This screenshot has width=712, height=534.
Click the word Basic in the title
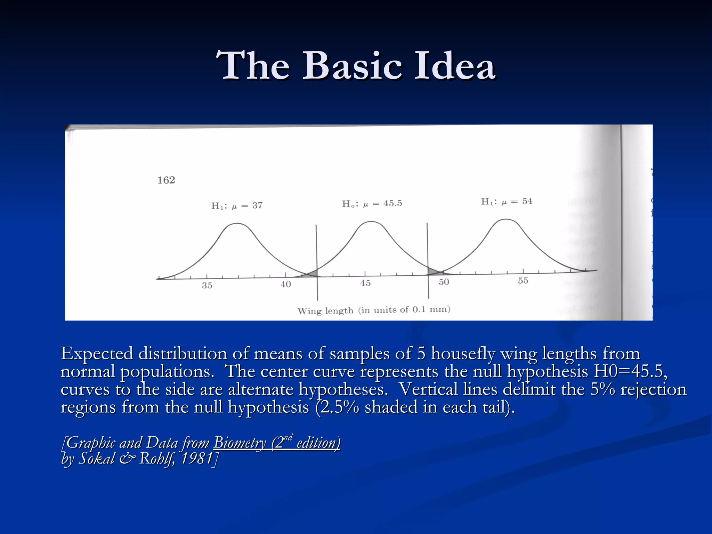[353, 65]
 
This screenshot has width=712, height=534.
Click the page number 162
[166, 180]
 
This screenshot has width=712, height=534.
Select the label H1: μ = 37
[237, 205]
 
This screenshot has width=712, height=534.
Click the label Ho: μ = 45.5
[372, 203]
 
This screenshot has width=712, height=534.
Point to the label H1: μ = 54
[507, 201]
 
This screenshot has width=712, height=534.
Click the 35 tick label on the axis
[207, 285]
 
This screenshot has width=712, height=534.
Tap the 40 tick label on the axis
[286, 284]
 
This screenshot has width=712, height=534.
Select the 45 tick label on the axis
[365, 283]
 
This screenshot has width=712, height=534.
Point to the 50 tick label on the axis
[444, 282]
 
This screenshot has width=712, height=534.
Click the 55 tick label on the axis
[523, 281]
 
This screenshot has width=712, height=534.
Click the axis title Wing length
[325, 310]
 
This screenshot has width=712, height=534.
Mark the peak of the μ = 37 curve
[237, 224]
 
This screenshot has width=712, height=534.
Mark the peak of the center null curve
[371, 221]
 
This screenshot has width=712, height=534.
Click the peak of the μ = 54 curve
[506, 219]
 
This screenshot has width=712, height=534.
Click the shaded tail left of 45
[311, 274]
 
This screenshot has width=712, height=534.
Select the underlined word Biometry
[240, 443]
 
